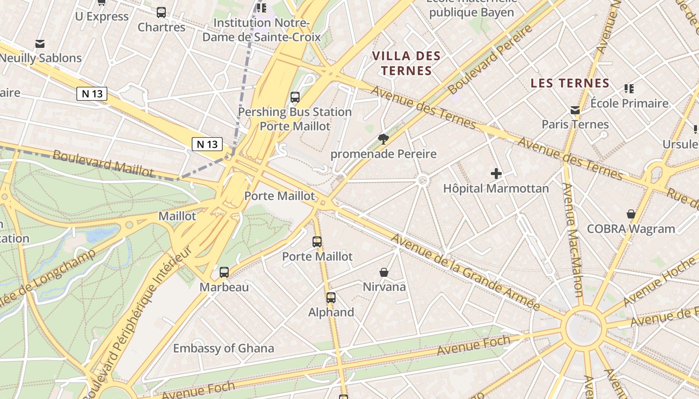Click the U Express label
[102, 16]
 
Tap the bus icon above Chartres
[161, 12]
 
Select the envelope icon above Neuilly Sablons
[40, 44]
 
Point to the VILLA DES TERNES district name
[407, 63]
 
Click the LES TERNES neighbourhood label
[570, 83]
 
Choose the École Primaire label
[629, 103]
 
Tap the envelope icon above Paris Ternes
[575, 110]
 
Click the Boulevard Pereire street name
[490, 60]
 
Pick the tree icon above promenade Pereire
[383, 139]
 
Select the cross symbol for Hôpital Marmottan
[496, 174]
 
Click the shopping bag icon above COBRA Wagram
[631, 214]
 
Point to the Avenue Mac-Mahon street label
[575, 239]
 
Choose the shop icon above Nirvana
[384, 272]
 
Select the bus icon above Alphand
[331, 298]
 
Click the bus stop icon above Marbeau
[224, 272]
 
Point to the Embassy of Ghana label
[224, 348]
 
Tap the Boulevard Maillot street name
[103, 163]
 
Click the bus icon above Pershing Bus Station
[295, 97]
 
